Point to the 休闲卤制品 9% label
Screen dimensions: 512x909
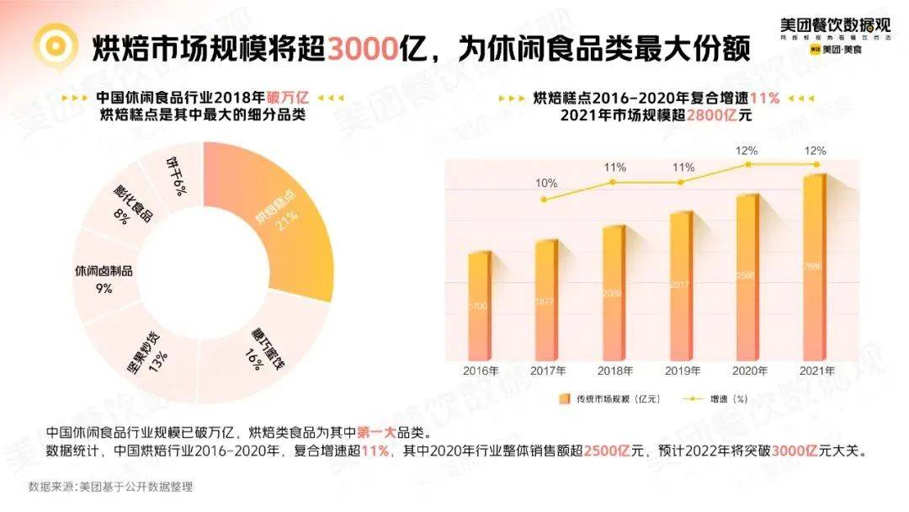tap(104, 280)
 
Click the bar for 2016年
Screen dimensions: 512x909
tap(478, 307)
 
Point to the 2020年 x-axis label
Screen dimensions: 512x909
tap(747, 371)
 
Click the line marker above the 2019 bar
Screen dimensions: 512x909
tap(680, 182)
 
